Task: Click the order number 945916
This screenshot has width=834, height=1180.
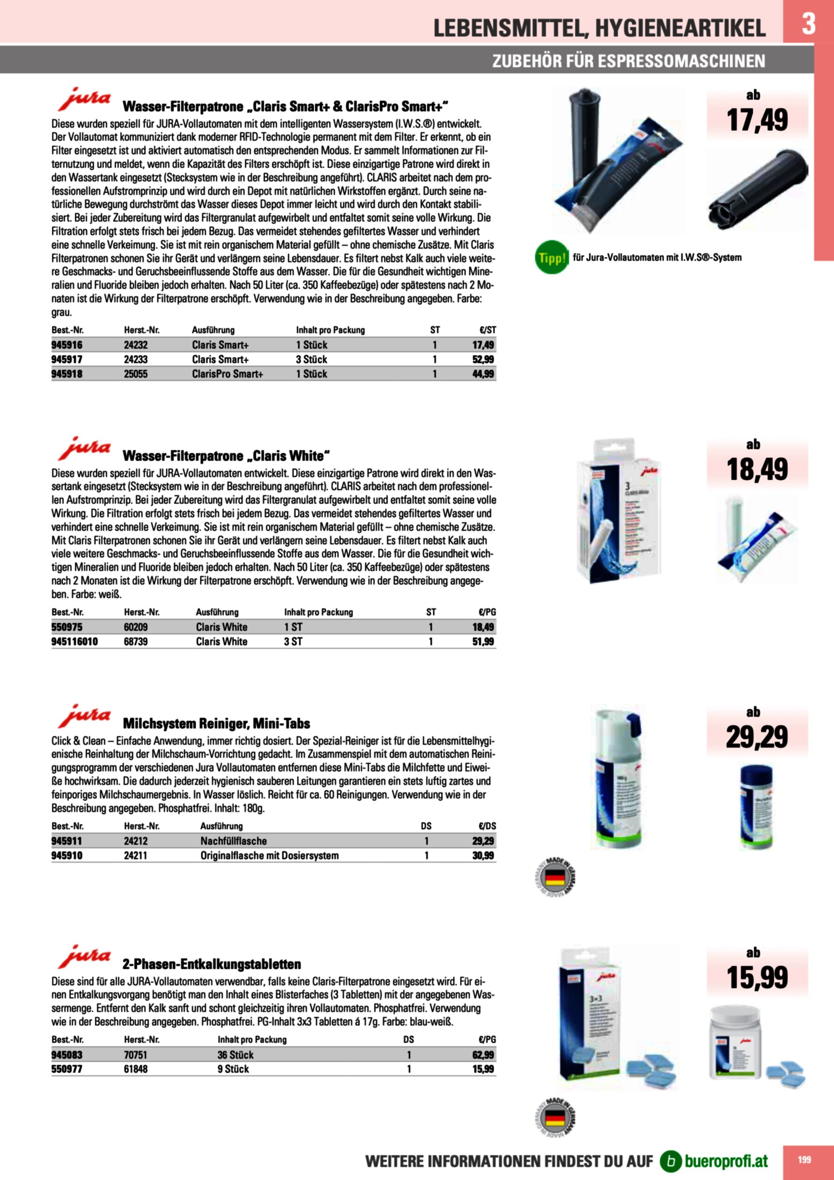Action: (67, 345)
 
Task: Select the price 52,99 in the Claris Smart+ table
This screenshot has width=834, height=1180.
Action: (483, 359)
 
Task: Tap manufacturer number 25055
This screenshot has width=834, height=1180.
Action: (136, 374)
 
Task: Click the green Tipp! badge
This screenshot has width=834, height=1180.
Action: (552, 257)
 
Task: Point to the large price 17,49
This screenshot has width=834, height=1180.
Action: (757, 120)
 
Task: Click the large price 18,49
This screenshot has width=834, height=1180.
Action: (757, 469)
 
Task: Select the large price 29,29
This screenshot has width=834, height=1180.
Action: (757, 737)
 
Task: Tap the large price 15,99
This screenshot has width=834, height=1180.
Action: (757, 977)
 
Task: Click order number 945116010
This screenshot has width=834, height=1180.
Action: (75, 641)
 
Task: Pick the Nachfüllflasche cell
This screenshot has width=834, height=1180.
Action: (233, 841)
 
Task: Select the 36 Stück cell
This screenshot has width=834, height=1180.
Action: (235, 1055)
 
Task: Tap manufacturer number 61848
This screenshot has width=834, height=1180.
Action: (136, 1069)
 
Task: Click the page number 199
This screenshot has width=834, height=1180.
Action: (804, 1159)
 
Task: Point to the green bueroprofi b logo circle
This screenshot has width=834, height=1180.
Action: (671, 1161)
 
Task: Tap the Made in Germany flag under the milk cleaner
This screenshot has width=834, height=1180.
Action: (555, 878)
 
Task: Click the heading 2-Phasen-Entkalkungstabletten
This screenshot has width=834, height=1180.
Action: (212, 964)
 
